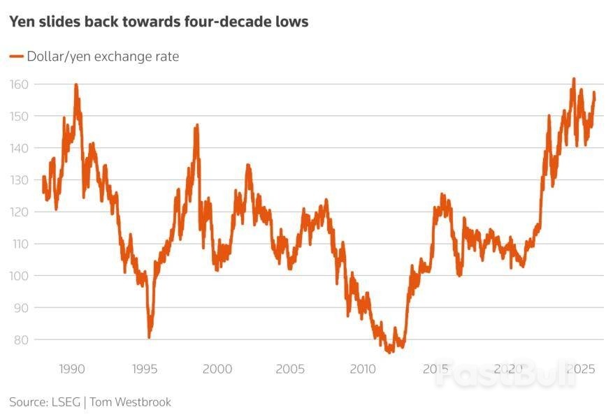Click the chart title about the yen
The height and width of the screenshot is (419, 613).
coord(159,22)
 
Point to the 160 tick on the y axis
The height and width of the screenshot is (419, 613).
coord(20,84)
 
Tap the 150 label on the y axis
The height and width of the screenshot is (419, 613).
coord(20,116)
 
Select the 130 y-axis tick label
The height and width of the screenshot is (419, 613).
coord(20,180)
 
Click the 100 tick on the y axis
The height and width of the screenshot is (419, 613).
coord(20,276)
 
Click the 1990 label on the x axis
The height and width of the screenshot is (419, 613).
coord(72,369)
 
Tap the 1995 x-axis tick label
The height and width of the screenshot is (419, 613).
coord(145,369)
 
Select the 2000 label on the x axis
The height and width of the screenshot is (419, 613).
coord(217,369)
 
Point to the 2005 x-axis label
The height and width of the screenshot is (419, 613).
coord(290,369)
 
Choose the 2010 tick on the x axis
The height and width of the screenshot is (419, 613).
coord(363,369)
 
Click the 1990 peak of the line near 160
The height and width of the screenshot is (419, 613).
coord(75,84)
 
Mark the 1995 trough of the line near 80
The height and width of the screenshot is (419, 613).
coord(149,337)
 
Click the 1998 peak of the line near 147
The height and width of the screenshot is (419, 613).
coord(197,125)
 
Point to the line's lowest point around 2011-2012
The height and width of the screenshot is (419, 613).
coord(387,351)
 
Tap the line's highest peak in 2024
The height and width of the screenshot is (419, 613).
coord(574,79)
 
